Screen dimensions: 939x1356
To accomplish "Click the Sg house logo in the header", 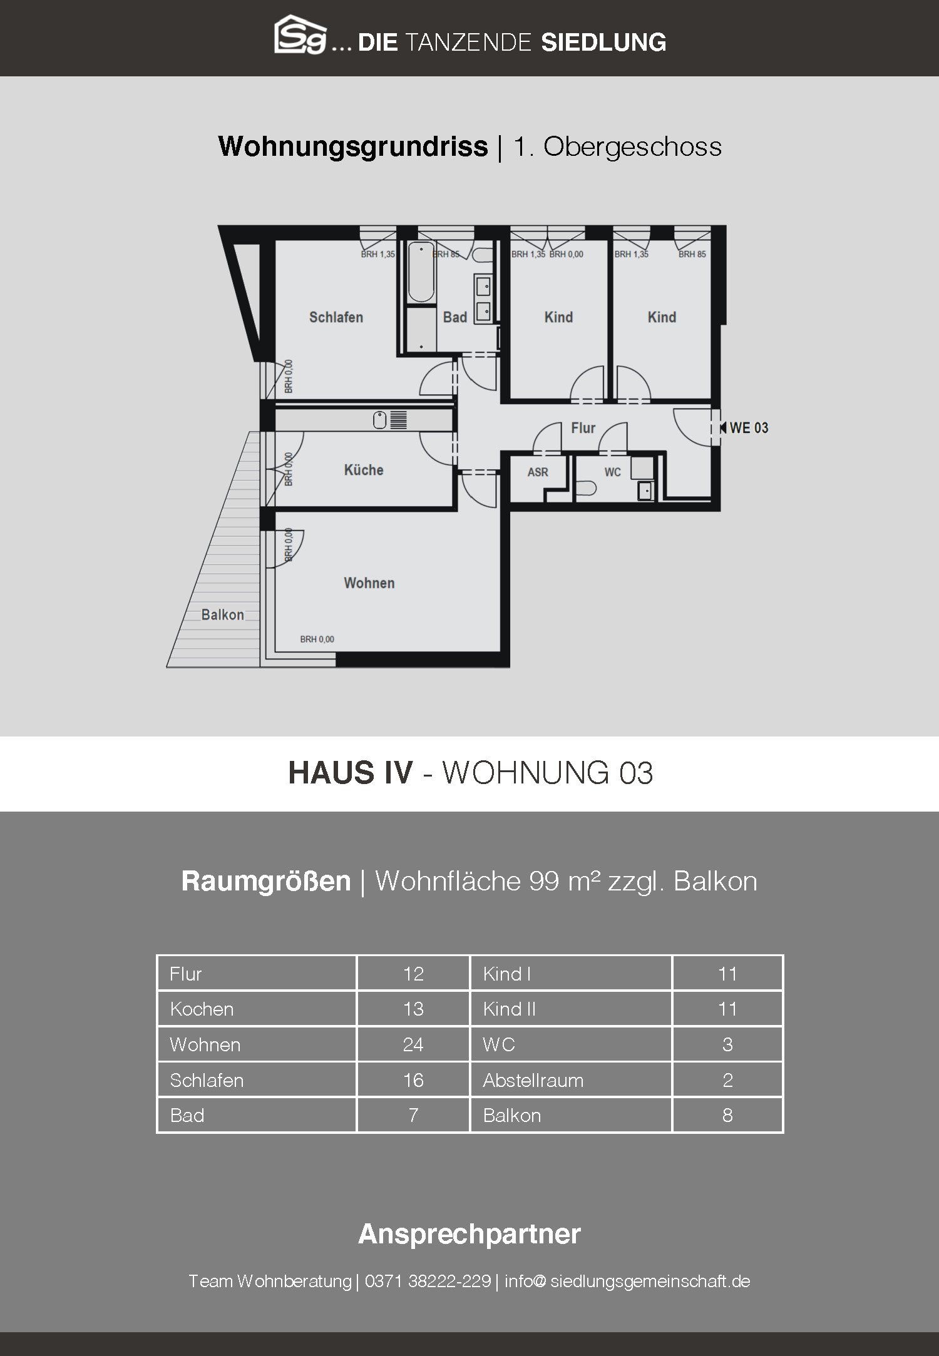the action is coord(300,35).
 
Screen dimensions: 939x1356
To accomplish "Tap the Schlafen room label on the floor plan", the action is coord(336,317).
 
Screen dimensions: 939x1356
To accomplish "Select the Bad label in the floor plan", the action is coord(455,317).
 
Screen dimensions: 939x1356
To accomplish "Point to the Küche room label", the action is coord(364,470).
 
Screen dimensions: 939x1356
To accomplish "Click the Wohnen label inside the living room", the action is coord(369,583).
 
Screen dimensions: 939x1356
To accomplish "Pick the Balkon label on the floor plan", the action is coord(223,614).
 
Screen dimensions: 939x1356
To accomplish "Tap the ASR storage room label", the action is coord(538,472).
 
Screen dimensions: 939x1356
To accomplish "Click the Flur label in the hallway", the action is coord(583,428).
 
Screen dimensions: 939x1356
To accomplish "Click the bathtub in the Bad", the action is coord(421,273).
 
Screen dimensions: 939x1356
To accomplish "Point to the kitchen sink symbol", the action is coord(379,421).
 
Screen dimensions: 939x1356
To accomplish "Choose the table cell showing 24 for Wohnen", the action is coord(413,1044).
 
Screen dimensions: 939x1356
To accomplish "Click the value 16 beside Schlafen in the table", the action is coord(413,1080).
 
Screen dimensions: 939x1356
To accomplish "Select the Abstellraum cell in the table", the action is coord(571,1080).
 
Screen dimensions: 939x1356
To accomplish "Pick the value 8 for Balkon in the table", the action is coord(727,1115).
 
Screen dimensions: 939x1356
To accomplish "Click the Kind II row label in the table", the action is coord(509,1009).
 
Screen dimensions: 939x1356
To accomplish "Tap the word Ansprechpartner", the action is coord(469,1235).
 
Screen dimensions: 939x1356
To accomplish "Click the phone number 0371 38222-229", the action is coord(428,1282).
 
